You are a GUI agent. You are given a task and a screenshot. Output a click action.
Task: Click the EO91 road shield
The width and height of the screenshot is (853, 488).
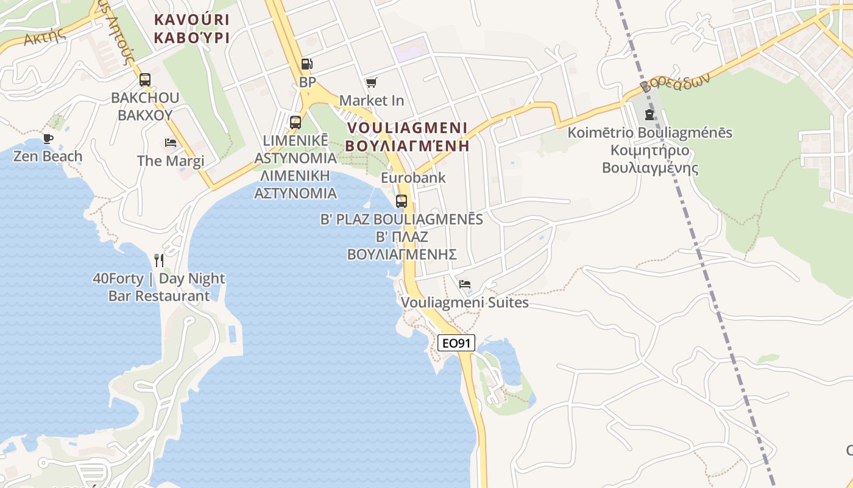[x=456, y=343]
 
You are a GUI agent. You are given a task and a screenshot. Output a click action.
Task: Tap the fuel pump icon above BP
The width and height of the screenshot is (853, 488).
[x=307, y=64]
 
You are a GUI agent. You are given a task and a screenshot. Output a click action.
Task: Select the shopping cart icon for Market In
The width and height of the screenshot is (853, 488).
[x=371, y=82]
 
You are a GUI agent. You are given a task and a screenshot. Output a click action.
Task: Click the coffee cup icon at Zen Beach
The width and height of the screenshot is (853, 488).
[x=48, y=138]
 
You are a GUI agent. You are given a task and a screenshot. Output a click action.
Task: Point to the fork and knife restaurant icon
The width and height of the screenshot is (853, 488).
[x=159, y=260]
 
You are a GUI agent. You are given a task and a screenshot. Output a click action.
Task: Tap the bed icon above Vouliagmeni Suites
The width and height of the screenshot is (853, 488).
[x=465, y=284]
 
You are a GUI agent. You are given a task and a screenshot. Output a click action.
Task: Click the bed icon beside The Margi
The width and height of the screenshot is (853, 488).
[x=171, y=143]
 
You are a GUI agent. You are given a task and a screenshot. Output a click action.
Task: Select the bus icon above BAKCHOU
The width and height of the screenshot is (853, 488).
[x=145, y=80]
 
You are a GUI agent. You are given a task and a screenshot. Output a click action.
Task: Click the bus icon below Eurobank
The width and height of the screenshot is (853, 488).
[x=402, y=201]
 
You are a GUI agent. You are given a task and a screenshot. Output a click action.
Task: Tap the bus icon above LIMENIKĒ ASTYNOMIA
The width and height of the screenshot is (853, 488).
[x=296, y=122]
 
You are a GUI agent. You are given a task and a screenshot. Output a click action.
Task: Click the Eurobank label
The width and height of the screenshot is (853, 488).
[x=413, y=178]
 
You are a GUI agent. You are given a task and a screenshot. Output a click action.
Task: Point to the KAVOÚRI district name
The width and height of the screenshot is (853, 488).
[x=191, y=20]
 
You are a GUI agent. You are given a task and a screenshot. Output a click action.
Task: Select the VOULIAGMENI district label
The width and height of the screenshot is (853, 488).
[x=406, y=128]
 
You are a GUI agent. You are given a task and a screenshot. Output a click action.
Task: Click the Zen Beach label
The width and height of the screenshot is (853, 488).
[x=48, y=156]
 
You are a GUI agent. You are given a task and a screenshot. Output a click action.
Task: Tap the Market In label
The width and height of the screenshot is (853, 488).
[x=372, y=100]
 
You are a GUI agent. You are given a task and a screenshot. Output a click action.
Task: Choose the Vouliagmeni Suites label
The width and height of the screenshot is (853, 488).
[x=464, y=303]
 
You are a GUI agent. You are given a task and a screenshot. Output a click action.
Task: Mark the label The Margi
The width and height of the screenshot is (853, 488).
[x=171, y=161]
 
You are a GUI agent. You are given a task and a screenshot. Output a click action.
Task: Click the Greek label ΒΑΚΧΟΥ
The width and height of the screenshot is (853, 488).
[x=145, y=115]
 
